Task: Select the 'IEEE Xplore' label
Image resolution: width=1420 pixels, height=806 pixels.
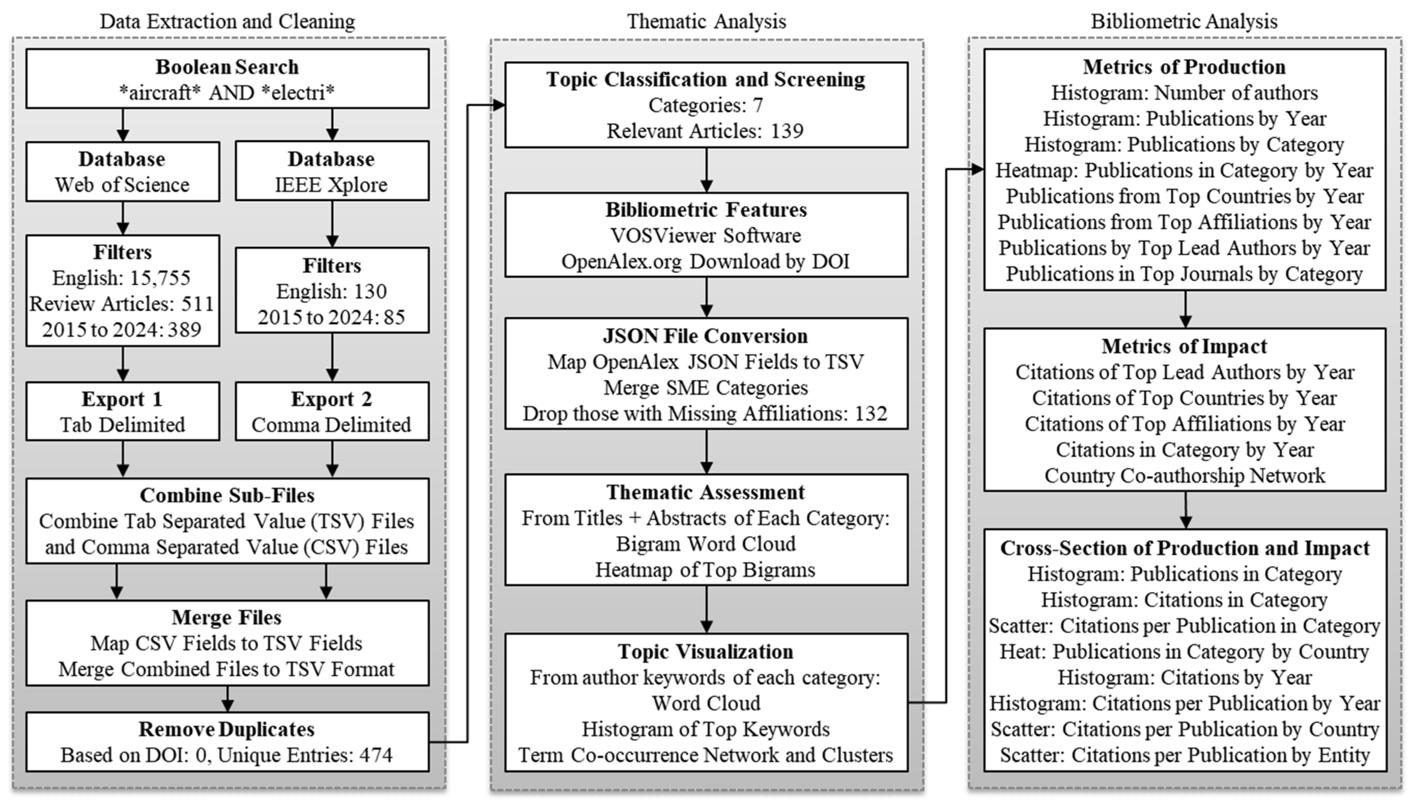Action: click(x=331, y=185)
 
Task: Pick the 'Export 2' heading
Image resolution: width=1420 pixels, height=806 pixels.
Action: click(x=331, y=399)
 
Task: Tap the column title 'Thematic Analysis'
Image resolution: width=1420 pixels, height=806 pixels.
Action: click(x=707, y=21)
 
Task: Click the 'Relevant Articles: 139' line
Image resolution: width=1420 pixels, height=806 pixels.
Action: click(x=705, y=131)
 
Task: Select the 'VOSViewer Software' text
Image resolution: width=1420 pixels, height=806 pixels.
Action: click(x=705, y=236)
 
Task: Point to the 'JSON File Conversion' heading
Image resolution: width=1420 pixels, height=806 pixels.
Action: click(x=705, y=336)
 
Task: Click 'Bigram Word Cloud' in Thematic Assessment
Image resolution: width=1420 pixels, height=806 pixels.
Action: click(x=705, y=544)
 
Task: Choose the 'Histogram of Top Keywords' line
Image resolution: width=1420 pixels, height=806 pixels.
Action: click(x=705, y=729)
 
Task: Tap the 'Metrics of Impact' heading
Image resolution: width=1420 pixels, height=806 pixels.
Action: click(x=1184, y=346)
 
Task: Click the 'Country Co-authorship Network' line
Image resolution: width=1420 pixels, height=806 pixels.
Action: click(x=1184, y=476)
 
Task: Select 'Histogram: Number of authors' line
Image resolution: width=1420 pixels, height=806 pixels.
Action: click(x=1184, y=93)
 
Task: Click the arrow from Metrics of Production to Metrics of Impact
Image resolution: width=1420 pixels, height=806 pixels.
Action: click(x=1185, y=310)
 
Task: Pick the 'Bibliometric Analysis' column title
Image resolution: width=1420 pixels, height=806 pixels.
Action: click(x=1184, y=21)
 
